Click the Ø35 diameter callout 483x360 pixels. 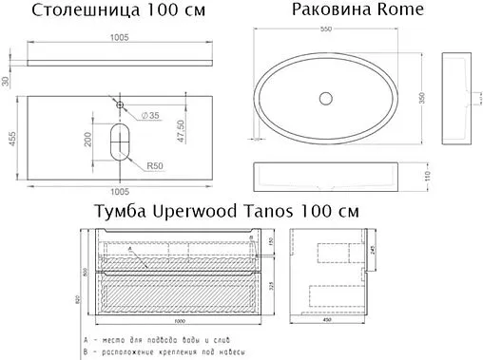coord(147,116)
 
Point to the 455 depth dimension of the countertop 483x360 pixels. coord(12,138)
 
